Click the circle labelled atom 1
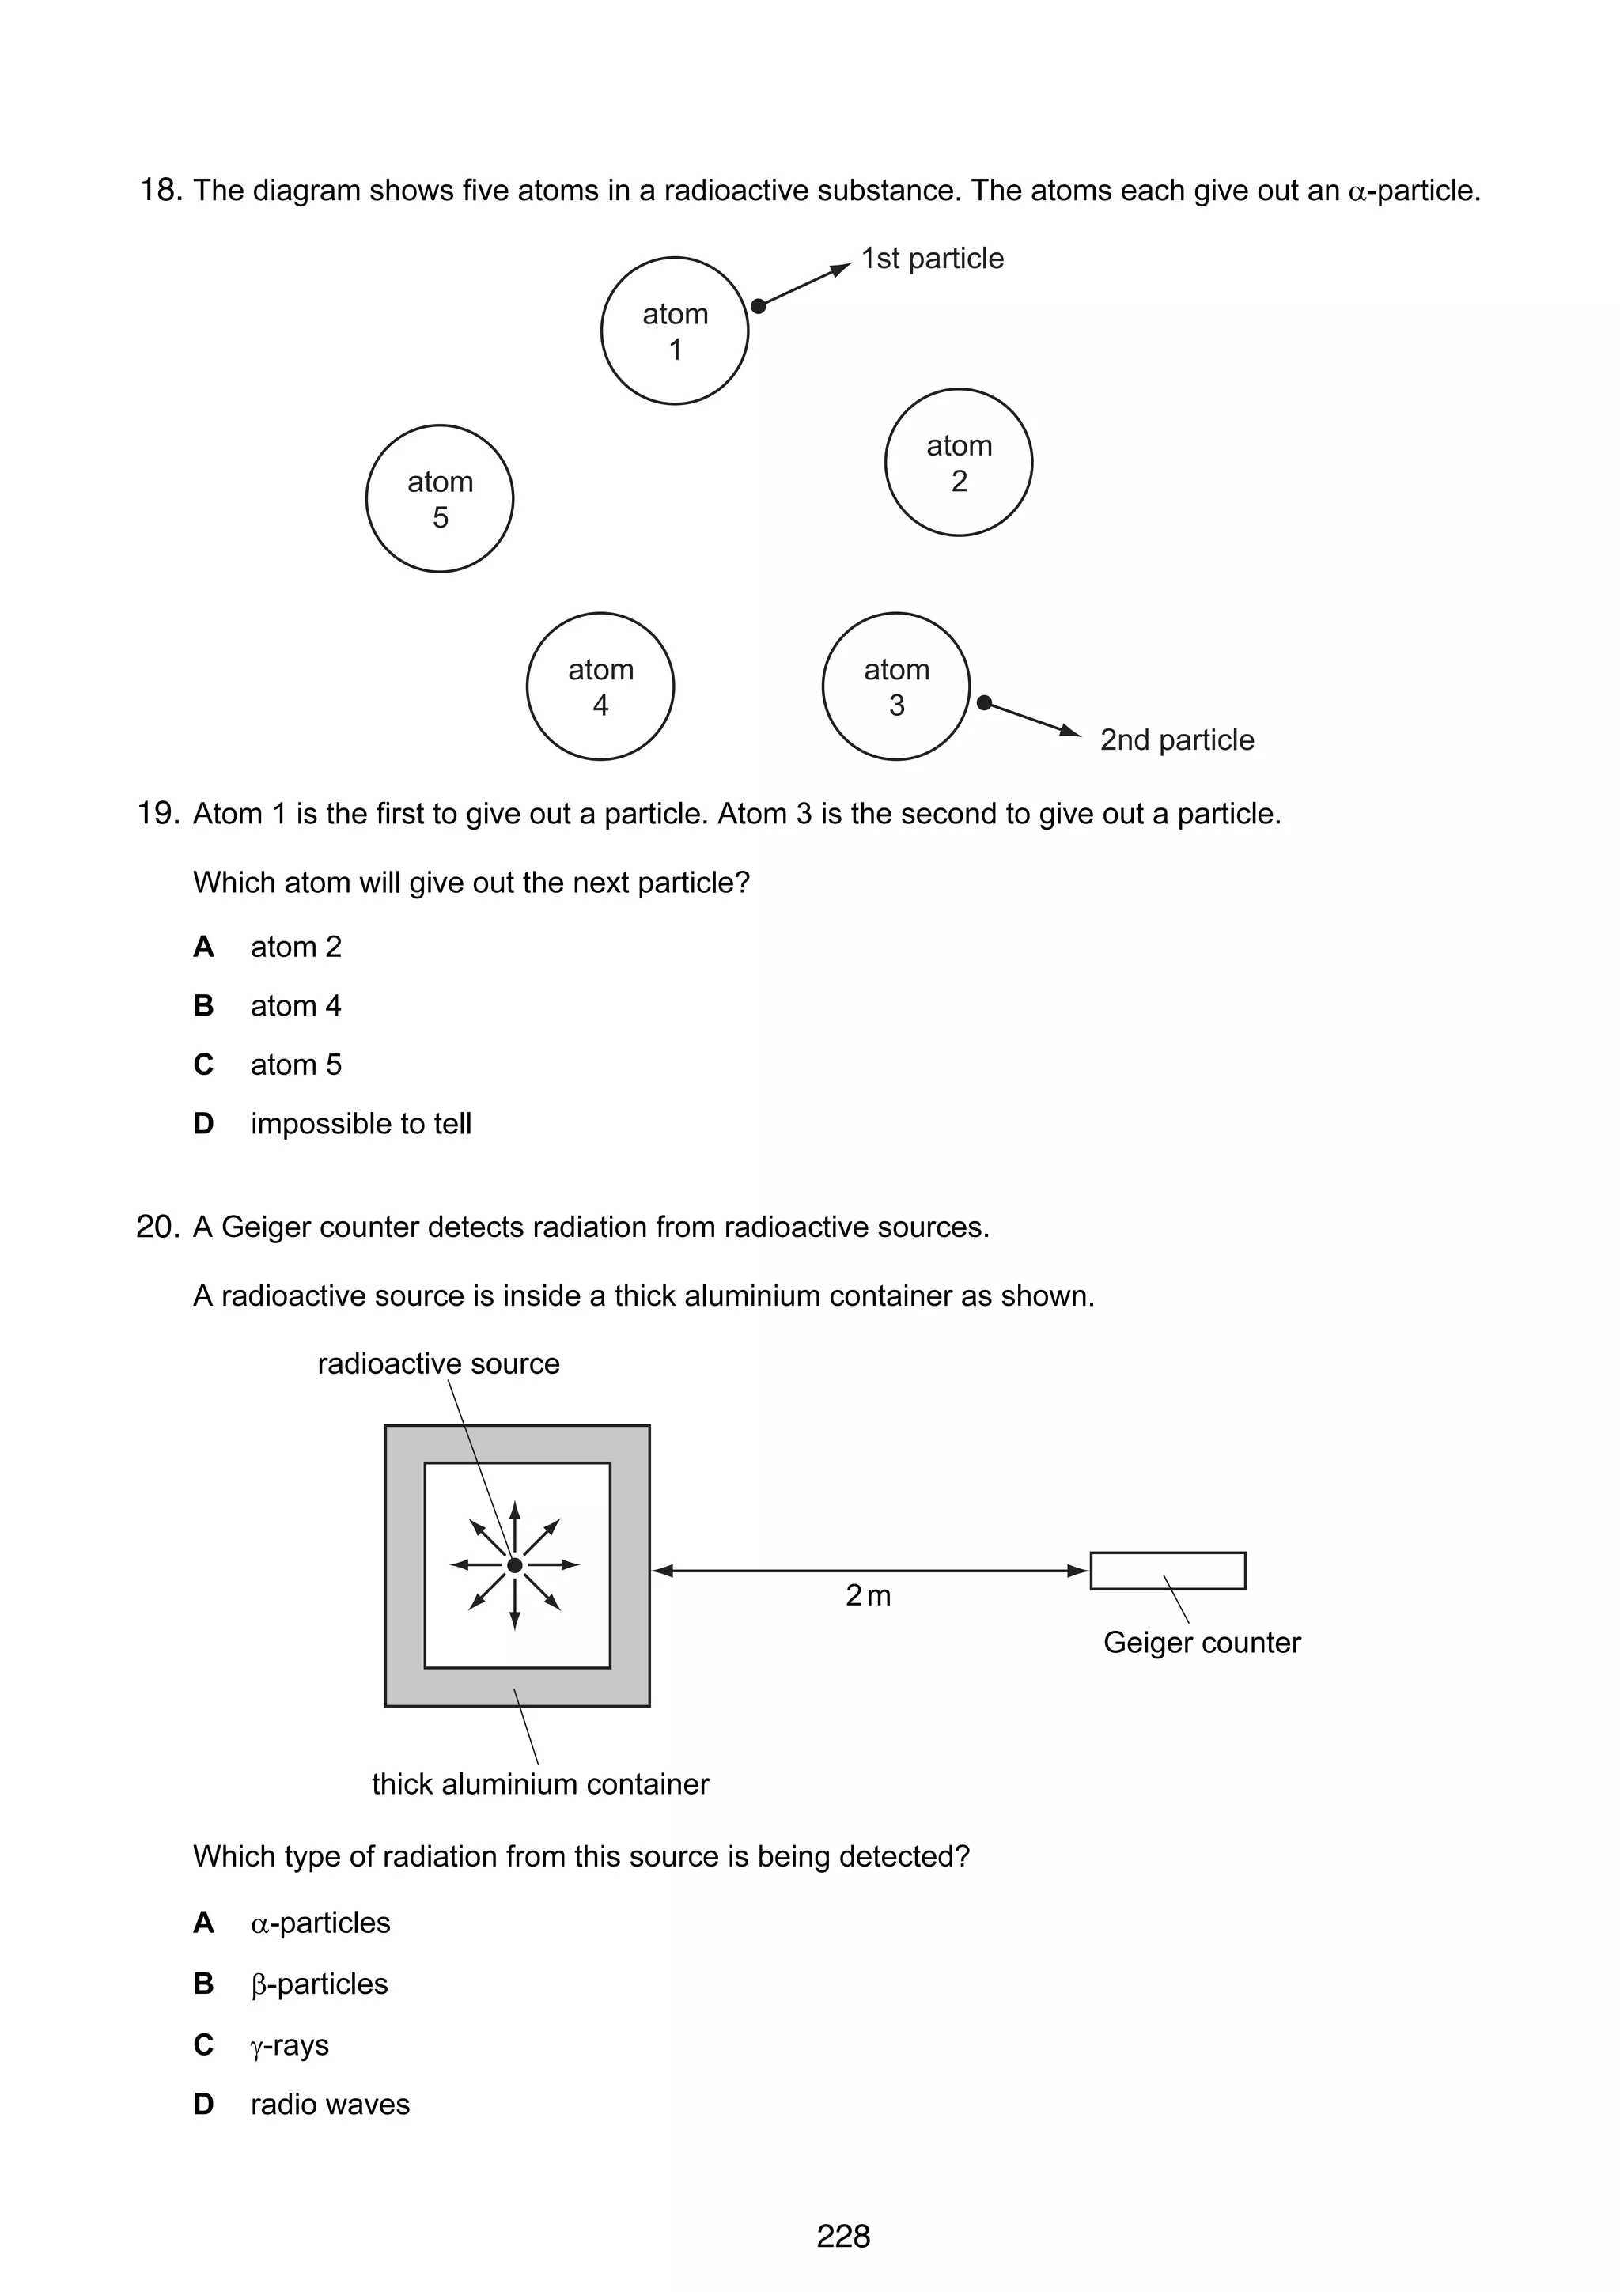point(675,331)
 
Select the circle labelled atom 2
point(958,462)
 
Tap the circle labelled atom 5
point(439,499)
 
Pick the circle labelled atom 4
point(600,686)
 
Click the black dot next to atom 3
point(984,703)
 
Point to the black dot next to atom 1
point(759,305)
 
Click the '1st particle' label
point(933,259)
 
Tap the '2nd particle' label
point(1177,739)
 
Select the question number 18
point(160,190)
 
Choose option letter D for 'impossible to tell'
point(203,1123)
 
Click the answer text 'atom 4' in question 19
point(296,1005)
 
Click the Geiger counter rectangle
point(1167,1570)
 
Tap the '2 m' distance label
point(868,1595)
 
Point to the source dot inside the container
point(515,1565)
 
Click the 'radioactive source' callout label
point(438,1363)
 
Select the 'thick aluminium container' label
point(540,1784)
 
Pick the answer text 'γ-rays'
point(290,2044)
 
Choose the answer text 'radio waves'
point(329,2105)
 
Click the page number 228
point(843,2236)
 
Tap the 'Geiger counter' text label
point(1202,1642)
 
